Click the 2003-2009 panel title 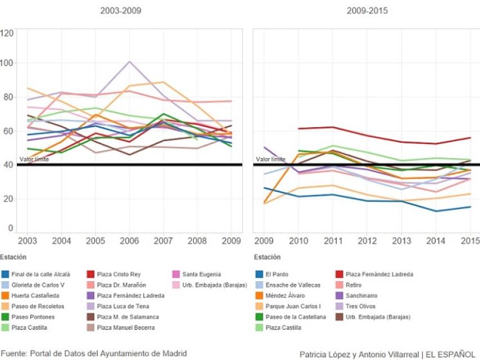tap(120, 11)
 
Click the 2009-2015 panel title tap(367, 11)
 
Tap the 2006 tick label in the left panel tap(129, 241)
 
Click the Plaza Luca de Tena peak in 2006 tap(130, 62)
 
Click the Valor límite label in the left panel tap(34, 159)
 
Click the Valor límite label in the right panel tap(270, 159)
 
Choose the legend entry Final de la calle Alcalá tap(40, 274)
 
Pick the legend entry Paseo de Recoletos tap(38, 306)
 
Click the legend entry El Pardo tap(277, 274)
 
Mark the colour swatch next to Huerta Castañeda tap(5, 295)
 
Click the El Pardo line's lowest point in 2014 tap(434, 211)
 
